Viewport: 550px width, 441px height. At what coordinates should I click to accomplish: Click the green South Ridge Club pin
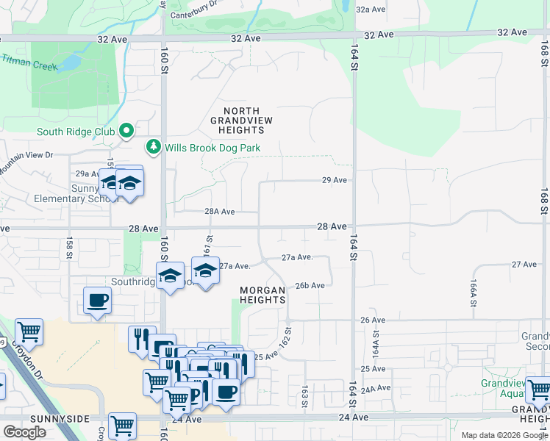(x=126, y=131)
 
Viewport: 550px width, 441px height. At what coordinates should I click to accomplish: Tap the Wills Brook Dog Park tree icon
(x=154, y=147)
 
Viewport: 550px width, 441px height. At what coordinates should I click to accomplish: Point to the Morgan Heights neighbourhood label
(x=262, y=295)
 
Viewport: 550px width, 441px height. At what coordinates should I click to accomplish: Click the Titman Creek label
(x=29, y=62)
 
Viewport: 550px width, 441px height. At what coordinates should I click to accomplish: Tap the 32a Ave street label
(x=371, y=10)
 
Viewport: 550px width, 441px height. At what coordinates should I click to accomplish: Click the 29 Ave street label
(x=334, y=180)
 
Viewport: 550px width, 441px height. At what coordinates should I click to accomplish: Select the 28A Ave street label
(x=219, y=212)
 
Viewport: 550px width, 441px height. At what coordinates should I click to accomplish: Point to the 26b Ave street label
(x=310, y=286)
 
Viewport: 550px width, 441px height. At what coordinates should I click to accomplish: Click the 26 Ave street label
(x=373, y=320)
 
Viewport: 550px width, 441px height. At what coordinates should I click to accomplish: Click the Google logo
(x=25, y=431)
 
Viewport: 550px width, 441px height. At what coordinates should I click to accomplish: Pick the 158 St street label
(x=71, y=248)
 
